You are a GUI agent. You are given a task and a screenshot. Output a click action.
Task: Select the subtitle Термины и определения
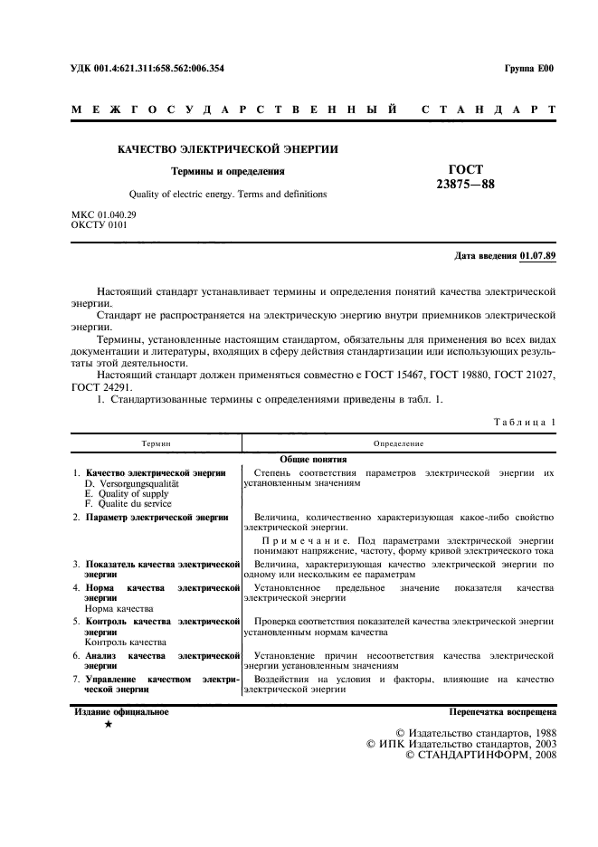tap(228, 170)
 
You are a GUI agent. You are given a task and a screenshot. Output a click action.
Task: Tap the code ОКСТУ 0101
tap(100, 224)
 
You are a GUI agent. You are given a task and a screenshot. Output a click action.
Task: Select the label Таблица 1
tap(525, 423)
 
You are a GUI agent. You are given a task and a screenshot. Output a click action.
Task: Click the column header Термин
tap(156, 444)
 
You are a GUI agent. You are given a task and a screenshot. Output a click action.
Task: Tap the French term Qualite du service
tap(127, 504)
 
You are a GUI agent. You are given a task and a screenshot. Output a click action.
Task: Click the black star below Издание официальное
tap(109, 725)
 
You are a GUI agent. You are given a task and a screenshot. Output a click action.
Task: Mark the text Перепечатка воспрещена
tap(502, 712)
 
